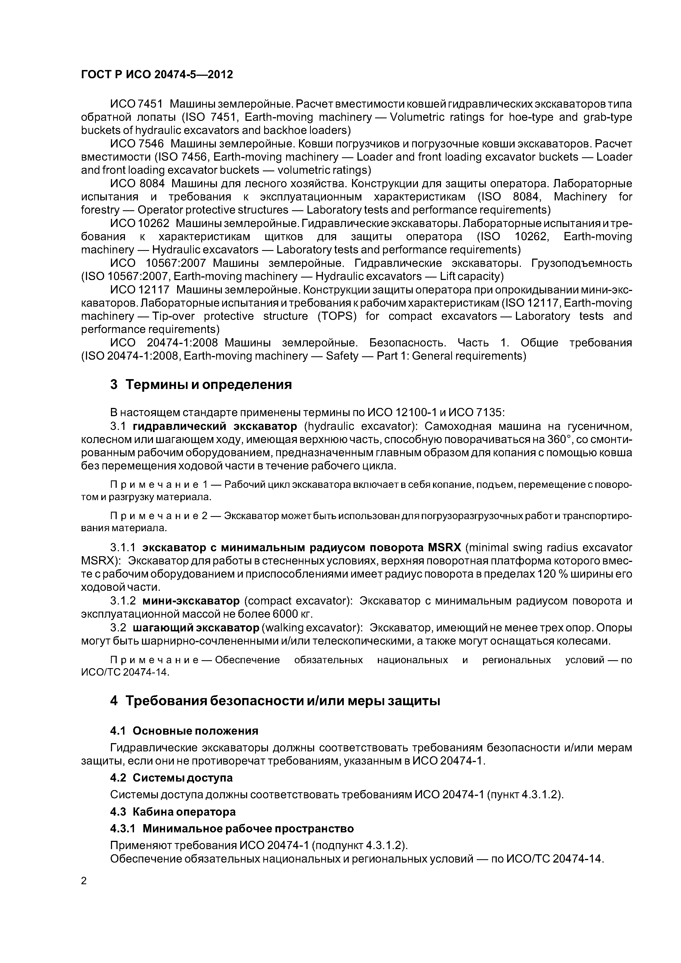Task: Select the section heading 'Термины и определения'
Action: tap(208, 384)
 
